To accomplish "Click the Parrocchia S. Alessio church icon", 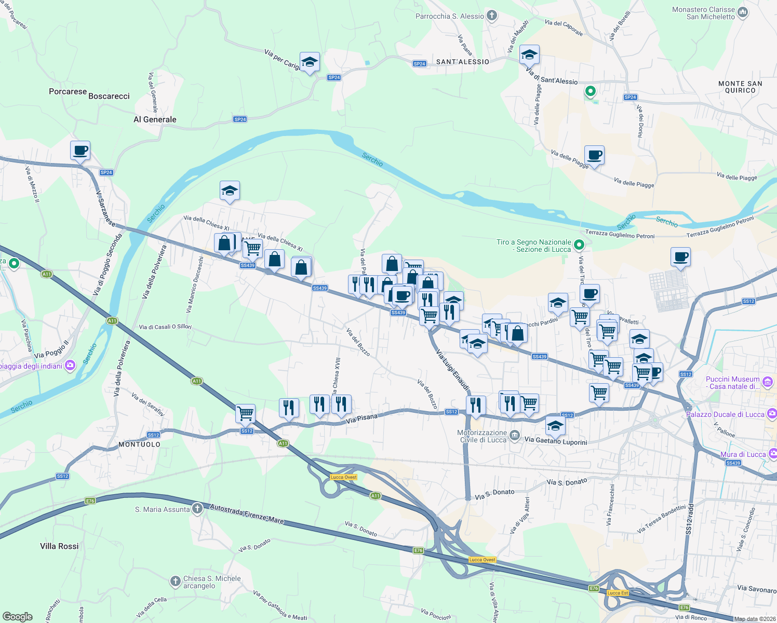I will (x=491, y=16).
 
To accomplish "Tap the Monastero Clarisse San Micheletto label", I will (x=703, y=13).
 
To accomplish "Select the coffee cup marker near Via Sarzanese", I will (x=80, y=151).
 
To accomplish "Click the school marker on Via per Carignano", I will (x=310, y=62).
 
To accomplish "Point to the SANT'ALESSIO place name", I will (x=462, y=62).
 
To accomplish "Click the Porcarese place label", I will (x=68, y=91).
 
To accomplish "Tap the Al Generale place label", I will (x=155, y=119).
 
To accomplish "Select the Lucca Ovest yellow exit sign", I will (x=343, y=477).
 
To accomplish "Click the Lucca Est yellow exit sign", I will (x=617, y=593).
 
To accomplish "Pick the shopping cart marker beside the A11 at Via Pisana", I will (x=245, y=414).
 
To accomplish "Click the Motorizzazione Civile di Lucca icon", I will (x=514, y=436).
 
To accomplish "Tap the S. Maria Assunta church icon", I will (x=197, y=509).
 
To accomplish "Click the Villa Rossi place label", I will (x=59, y=546).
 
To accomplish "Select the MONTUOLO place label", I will (x=139, y=444).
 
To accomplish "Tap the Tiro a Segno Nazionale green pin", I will (x=580, y=245).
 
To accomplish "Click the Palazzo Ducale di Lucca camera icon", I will (x=772, y=414).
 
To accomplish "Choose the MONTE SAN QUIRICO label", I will (x=740, y=87).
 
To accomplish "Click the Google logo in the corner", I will (x=17, y=617).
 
